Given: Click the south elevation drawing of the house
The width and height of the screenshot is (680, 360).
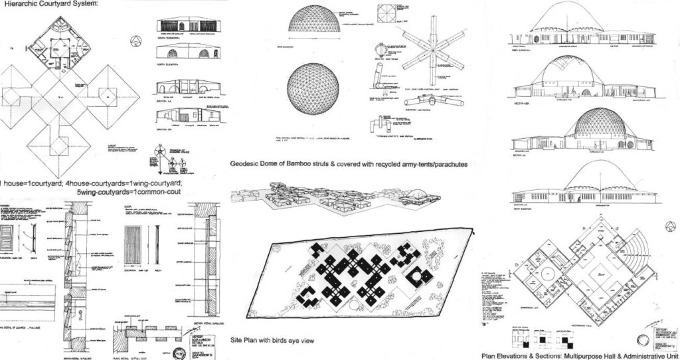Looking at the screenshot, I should (x=187, y=25).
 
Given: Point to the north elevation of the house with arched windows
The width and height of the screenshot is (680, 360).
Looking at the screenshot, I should (x=187, y=52).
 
